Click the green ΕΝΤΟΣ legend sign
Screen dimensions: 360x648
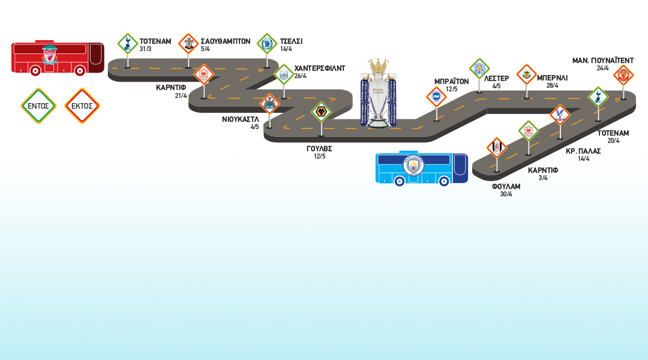point(38,106)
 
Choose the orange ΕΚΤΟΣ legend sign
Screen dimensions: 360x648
point(82,106)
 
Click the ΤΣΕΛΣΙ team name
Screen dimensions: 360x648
point(291,41)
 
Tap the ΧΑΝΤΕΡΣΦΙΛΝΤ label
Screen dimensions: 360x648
point(320,68)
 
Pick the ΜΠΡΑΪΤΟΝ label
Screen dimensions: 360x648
point(451,82)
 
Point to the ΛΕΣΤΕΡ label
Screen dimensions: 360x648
point(496,78)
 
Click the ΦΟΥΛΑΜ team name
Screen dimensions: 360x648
point(506,187)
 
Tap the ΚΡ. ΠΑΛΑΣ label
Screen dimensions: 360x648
point(583,151)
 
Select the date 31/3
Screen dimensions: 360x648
point(146,49)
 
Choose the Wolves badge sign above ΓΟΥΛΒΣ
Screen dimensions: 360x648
point(322,112)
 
